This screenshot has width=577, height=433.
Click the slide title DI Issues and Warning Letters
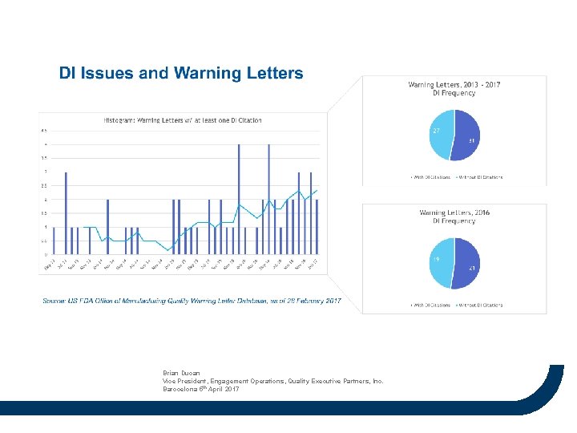[181, 73]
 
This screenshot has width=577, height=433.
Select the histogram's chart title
[183, 120]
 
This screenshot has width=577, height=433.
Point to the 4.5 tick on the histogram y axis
[44, 131]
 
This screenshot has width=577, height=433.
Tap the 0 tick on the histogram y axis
[46, 255]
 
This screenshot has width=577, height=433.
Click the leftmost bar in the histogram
[54, 241]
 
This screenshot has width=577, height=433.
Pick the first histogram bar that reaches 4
[239, 200]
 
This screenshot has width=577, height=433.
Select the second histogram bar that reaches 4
[268, 200]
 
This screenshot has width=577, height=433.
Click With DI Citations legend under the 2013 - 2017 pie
[431, 177]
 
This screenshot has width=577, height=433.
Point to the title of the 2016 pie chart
[454, 216]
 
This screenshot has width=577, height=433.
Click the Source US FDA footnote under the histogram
[192, 301]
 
